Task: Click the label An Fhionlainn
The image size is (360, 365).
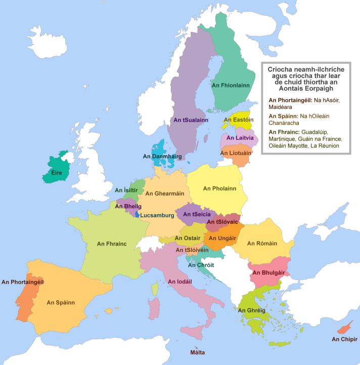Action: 231,86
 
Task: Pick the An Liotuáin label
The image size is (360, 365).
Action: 237,153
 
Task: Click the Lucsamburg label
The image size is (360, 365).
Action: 157,215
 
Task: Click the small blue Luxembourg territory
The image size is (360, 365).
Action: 137,214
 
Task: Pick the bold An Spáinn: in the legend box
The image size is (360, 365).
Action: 284,116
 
